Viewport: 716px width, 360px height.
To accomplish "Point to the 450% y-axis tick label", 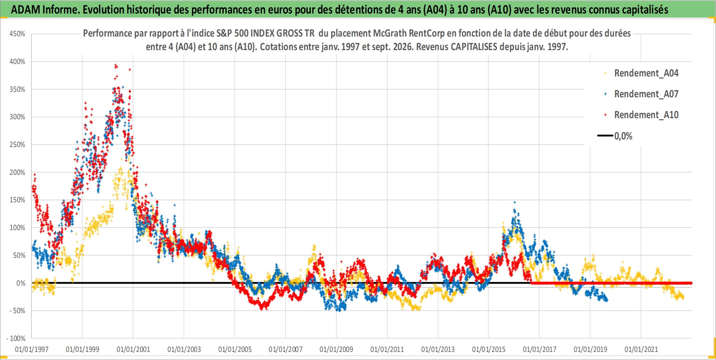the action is click(x=17, y=34).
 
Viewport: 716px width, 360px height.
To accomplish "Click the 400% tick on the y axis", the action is click(x=17, y=61).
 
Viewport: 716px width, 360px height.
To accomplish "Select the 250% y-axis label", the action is click(x=17, y=145).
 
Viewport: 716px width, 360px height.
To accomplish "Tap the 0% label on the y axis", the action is click(x=21, y=283).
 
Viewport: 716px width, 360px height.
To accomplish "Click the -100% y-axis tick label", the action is click(x=16, y=338).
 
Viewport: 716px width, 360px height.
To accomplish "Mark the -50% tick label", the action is click(x=17, y=311).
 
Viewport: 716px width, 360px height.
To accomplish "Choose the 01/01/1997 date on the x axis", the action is click(x=31, y=349).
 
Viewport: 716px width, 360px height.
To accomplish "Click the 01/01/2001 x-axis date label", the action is click(x=133, y=349).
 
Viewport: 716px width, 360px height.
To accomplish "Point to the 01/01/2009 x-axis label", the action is click(x=336, y=349).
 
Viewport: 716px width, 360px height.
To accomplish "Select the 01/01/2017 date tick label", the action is click(x=539, y=349).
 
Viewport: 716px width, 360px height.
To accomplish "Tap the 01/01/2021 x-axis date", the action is click(x=641, y=349).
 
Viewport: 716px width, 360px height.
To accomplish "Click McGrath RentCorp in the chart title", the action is click(x=409, y=33).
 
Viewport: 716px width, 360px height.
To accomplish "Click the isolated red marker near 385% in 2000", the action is click(x=130, y=70).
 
